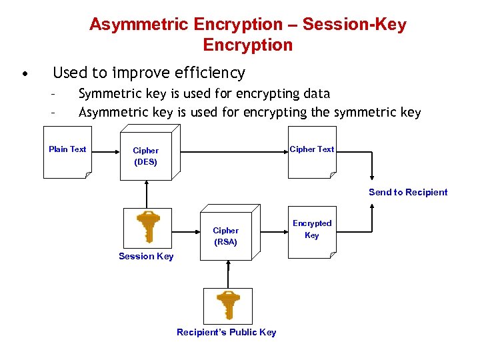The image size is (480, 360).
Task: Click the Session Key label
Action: (x=146, y=257)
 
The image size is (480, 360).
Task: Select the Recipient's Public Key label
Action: (x=226, y=332)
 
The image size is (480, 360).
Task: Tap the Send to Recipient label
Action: (x=408, y=192)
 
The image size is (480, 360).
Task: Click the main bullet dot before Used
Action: (x=24, y=73)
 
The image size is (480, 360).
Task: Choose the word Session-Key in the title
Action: (x=354, y=25)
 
